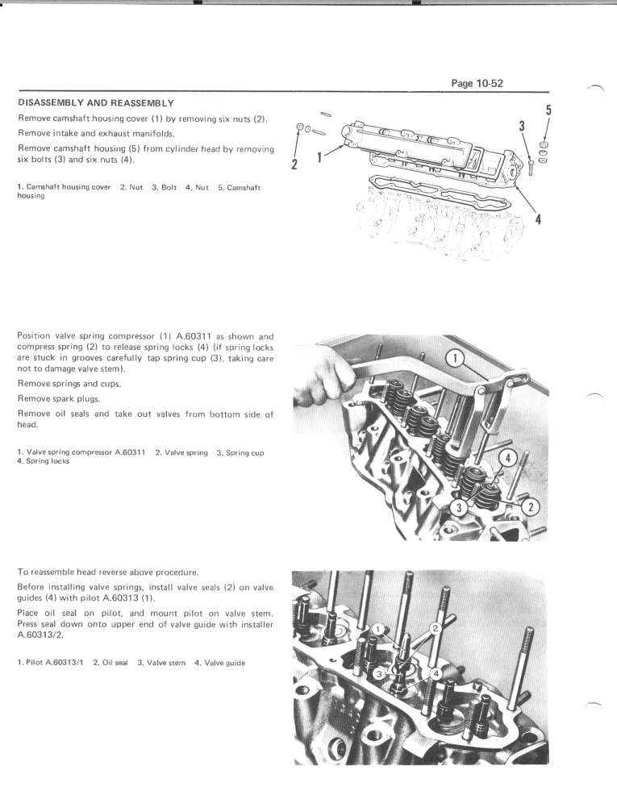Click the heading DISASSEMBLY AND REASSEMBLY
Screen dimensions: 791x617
click(96, 103)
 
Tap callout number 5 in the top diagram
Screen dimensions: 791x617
click(548, 110)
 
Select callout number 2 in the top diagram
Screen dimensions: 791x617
click(294, 164)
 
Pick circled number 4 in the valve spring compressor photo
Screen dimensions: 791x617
click(509, 457)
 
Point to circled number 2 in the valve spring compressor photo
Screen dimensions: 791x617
click(532, 506)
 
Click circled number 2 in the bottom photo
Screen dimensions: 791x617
click(435, 627)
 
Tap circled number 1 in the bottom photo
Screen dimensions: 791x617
click(378, 629)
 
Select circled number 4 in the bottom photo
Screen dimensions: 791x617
click(436, 672)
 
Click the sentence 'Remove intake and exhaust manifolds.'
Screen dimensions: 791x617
click(97, 133)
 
